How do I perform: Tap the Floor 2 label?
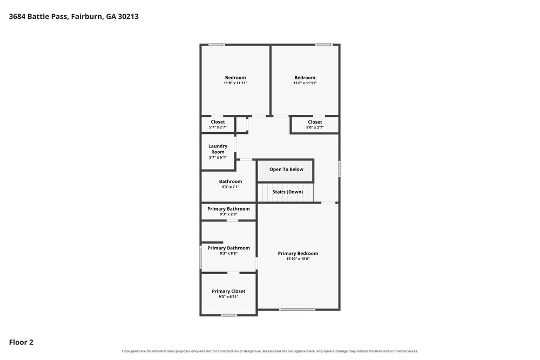(x=21, y=342)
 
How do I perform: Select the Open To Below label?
(x=286, y=169)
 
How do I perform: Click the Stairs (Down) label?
(x=288, y=192)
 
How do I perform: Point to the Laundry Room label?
(x=218, y=149)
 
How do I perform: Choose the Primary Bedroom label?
(x=298, y=253)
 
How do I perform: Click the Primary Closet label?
(x=228, y=291)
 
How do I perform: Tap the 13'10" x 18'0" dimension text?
(x=298, y=259)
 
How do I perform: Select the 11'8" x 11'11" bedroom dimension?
(x=235, y=83)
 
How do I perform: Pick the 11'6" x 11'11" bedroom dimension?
(x=305, y=83)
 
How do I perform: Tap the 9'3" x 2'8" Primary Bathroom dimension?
(x=228, y=214)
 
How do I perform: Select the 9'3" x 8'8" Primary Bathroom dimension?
(x=228, y=253)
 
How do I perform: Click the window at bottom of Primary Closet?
(x=228, y=315)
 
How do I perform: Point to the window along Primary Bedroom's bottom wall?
(x=297, y=309)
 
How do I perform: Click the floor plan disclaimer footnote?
(x=269, y=351)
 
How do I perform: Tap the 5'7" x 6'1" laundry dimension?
(x=218, y=157)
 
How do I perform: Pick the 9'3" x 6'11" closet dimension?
(x=228, y=297)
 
